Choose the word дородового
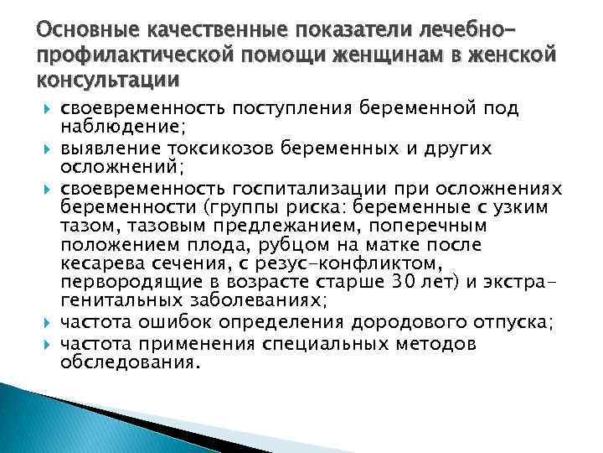coord(407,320)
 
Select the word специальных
coord(372,344)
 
